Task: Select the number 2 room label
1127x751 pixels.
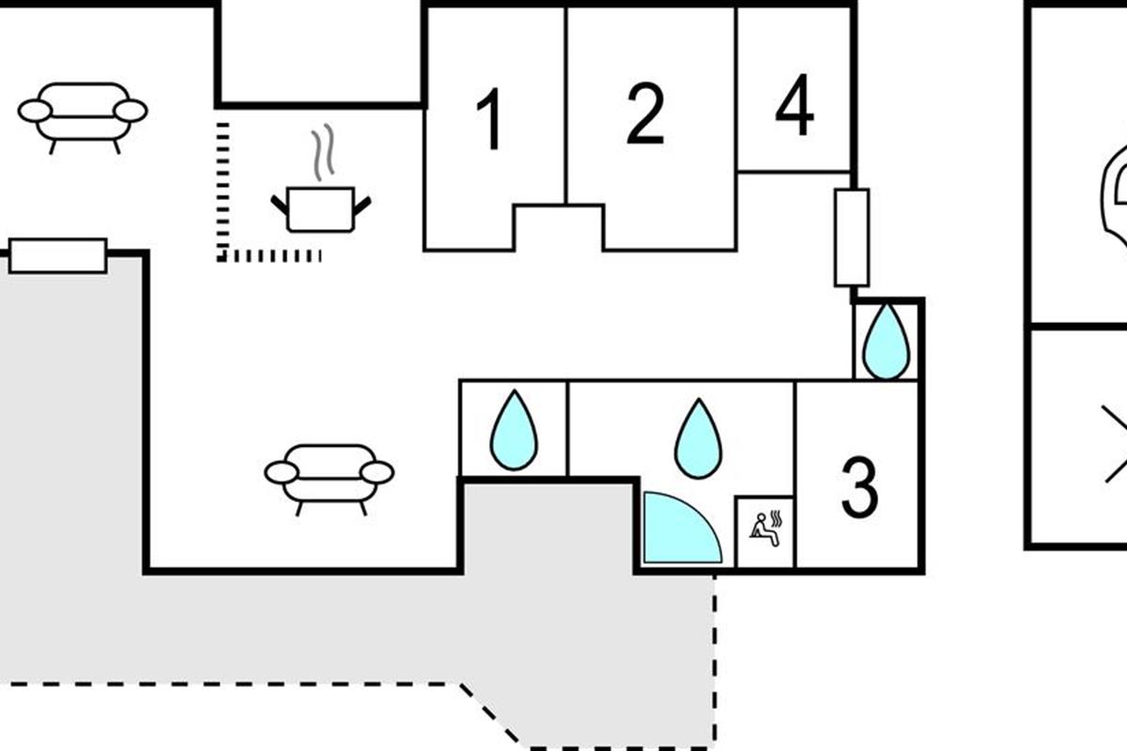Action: pos(645,115)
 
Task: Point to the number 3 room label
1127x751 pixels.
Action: pos(859,487)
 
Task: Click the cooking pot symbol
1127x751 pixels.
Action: pos(320,208)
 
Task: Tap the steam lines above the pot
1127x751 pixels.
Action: pos(323,153)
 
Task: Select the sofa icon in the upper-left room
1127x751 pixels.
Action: pos(83,114)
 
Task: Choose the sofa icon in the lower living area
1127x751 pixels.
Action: pos(330,475)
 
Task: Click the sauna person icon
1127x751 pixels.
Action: pos(764,530)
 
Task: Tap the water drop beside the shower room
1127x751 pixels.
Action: pos(699,438)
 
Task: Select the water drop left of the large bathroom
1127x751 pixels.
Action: pos(514,431)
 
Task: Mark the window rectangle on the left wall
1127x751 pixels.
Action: pos(57,255)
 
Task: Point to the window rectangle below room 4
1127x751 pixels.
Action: pos(852,238)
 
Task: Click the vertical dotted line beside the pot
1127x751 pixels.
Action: pos(223,188)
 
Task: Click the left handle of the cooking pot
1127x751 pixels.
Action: pos(279,202)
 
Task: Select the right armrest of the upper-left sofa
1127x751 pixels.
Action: pos(131,111)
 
